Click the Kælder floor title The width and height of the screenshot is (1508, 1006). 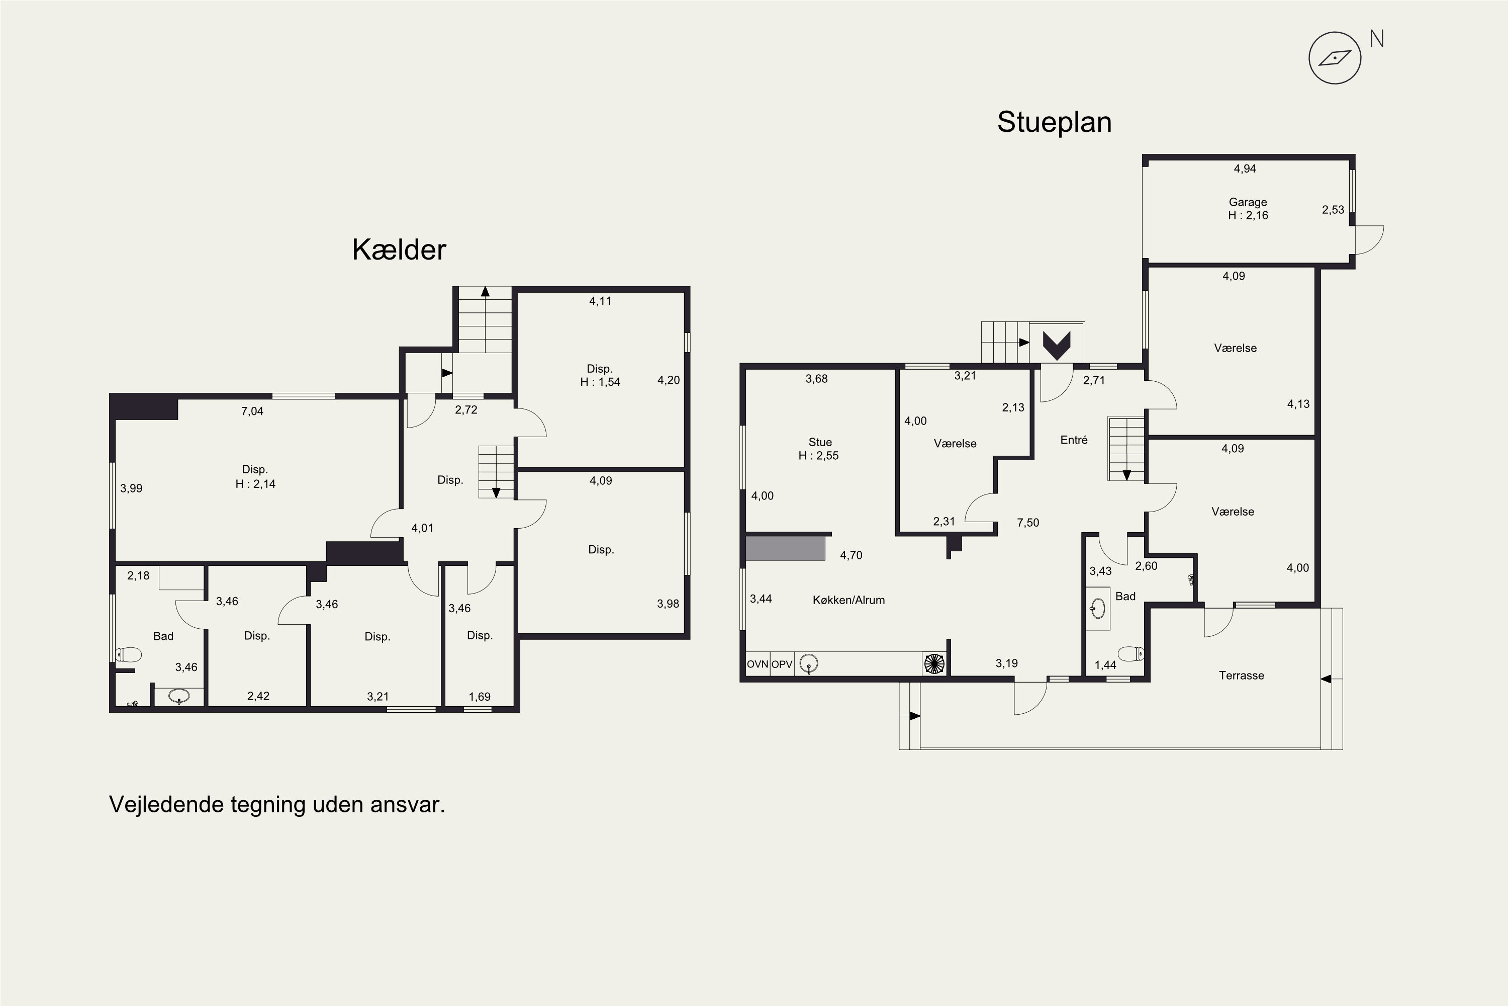(x=399, y=249)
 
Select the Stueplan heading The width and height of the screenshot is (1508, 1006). (x=1054, y=122)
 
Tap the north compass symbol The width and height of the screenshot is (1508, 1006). (x=1335, y=58)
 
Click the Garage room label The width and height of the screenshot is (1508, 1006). (x=1248, y=209)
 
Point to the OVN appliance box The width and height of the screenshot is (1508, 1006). (x=757, y=664)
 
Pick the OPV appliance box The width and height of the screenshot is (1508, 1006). (x=782, y=664)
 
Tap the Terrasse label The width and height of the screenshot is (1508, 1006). (x=1241, y=675)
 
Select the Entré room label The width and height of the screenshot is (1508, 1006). (x=1074, y=440)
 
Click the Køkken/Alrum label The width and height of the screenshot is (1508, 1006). (x=849, y=600)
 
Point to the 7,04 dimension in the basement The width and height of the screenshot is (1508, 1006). (x=252, y=411)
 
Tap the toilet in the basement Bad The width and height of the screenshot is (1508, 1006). (x=128, y=654)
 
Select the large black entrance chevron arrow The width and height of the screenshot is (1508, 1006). (x=1056, y=345)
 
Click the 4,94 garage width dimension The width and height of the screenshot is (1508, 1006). (x=1245, y=169)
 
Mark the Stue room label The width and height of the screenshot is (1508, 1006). (x=819, y=449)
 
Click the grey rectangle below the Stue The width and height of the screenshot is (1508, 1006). (x=785, y=549)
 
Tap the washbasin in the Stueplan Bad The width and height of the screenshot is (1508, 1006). (x=1098, y=608)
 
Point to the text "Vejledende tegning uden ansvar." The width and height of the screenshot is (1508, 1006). (x=277, y=804)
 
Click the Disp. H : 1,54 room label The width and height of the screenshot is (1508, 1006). (x=600, y=375)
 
